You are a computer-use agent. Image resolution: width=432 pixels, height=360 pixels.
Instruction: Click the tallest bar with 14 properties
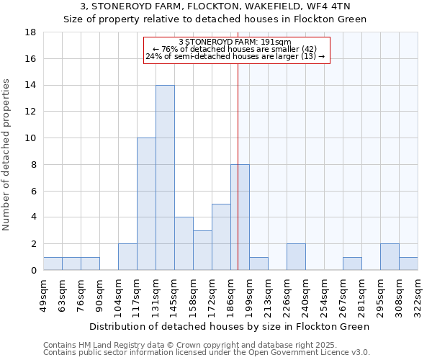(165, 178)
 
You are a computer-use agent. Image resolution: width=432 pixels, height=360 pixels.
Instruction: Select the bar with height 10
(146, 204)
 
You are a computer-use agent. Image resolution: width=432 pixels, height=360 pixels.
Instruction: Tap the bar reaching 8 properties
(240, 217)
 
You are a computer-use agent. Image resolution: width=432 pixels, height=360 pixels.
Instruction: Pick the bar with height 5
(221, 237)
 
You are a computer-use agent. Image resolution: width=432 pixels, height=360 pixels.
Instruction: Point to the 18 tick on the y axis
(31, 32)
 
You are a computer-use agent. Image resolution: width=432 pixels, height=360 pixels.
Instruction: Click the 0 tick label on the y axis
(34, 270)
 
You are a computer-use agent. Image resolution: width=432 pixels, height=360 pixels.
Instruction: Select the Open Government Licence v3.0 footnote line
(206, 352)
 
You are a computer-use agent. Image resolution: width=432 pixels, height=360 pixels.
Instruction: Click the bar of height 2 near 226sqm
(296, 257)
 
